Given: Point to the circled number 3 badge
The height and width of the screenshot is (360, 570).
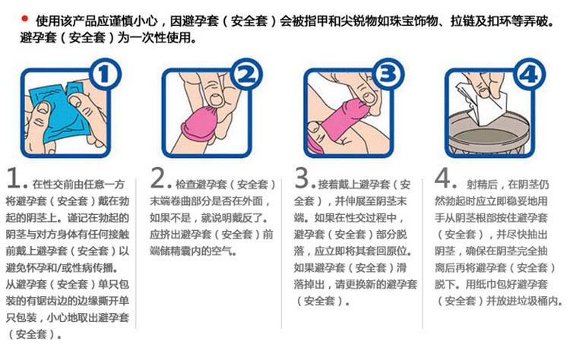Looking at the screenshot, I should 388,76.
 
